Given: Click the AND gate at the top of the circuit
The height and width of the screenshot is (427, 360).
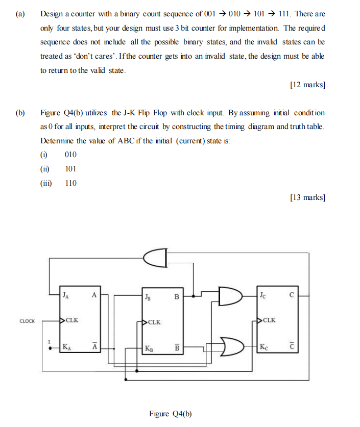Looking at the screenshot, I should click(156, 259).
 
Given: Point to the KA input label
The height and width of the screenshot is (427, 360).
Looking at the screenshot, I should click(67, 347).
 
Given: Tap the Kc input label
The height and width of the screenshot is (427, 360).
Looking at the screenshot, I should click(263, 347).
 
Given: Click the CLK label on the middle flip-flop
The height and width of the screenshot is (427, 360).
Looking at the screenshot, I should click(155, 322).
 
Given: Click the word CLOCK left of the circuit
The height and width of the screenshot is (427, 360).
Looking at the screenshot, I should click(27, 321).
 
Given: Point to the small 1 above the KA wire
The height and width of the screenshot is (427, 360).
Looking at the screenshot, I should click(50, 341).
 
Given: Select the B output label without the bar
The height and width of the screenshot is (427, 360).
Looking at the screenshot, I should click(177, 295).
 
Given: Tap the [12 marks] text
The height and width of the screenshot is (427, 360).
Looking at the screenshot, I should click(307, 85).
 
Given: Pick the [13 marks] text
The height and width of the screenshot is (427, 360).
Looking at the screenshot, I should click(307, 197).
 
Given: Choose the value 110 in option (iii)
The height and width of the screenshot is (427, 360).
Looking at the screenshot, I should click(71, 183).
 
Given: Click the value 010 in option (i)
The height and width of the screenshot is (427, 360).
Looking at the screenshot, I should click(71, 155).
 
